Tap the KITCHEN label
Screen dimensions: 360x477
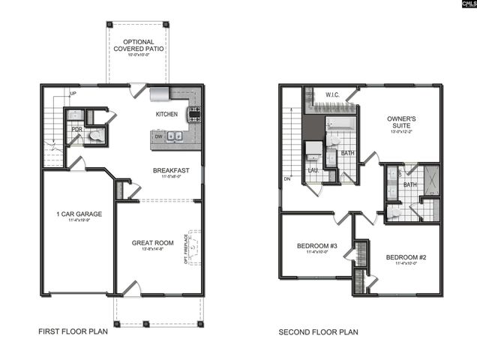tap(166, 114)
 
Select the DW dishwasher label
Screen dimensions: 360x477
tap(158, 136)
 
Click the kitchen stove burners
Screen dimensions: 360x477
tap(193, 114)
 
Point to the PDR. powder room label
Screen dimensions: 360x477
tap(76, 129)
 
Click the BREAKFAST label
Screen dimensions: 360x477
tap(171, 170)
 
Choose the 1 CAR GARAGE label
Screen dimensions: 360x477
tap(79, 214)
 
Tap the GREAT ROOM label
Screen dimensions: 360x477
tap(152, 242)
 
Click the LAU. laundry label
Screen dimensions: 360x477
tap(313, 170)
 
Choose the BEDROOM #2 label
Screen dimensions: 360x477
tap(406, 257)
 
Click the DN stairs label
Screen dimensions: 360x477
tap(287, 179)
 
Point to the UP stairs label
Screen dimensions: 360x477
tap(73, 94)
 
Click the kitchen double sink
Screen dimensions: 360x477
tap(175, 136)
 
